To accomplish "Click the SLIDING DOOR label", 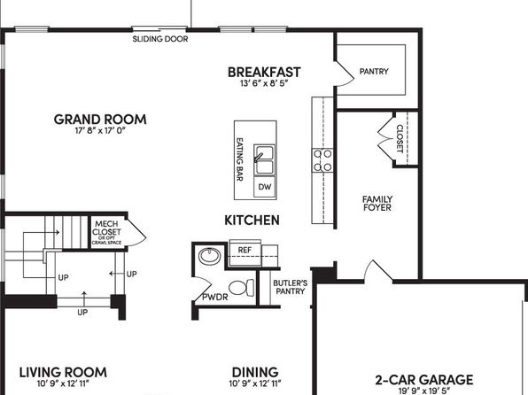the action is pos(160,39).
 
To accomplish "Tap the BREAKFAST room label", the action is pos(264,72).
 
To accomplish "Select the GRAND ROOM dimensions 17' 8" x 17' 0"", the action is pos(100,130).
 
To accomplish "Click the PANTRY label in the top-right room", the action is pos(374,72).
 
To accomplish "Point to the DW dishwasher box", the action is pos(265,187).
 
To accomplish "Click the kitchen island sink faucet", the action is pos(259,158).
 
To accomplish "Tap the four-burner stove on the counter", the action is pos(322,160).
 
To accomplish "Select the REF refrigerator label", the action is pos(245,250).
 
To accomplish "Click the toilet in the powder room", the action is pos(242,288).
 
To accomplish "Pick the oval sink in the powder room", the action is pos(210,256).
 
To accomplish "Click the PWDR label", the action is pos(215,297).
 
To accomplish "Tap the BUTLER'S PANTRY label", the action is pos(291,287).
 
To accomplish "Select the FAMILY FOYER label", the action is pos(377,204).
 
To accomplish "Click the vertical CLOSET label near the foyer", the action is pos(400,139).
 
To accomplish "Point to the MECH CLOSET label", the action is pos(106,228).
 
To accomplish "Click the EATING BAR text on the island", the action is pos(240,159).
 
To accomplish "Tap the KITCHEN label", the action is pos(252,221).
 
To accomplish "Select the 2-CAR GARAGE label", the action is pos(424,380).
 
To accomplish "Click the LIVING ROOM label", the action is pos(63,373).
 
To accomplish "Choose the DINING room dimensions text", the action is pos(255,383).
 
